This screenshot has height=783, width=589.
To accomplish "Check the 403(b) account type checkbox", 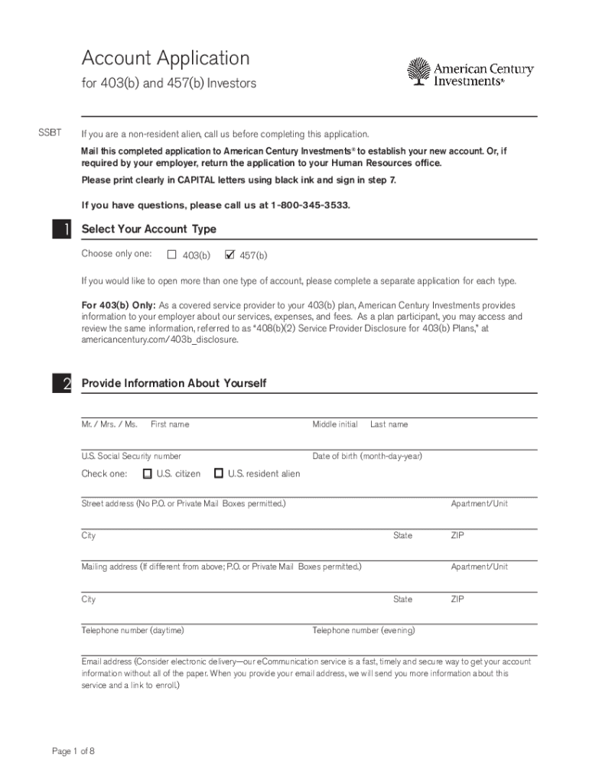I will click(172, 255).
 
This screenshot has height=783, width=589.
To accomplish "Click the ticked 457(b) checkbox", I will click(229, 255).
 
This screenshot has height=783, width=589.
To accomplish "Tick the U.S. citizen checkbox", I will click(148, 473).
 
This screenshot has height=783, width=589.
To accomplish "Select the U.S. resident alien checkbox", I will click(219, 473).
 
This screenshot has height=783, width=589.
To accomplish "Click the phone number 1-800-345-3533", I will click(311, 206).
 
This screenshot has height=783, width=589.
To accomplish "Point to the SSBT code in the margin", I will click(50, 134).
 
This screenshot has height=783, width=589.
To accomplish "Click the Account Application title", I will click(165, 58).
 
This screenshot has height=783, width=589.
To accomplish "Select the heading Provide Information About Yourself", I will click(174, 383).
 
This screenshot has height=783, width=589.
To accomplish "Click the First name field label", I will click(170, 424).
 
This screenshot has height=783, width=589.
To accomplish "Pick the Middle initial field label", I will click(334, 424).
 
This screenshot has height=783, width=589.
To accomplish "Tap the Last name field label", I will click(389, 424).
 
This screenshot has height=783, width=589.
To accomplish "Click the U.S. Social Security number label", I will click(132, 456).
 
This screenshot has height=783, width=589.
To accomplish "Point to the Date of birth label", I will click(367, 456).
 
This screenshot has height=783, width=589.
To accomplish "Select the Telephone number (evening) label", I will click(364, 631).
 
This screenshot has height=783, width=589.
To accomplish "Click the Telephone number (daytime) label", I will click(132, 631).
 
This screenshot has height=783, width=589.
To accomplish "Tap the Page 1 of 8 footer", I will click(73, 751).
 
